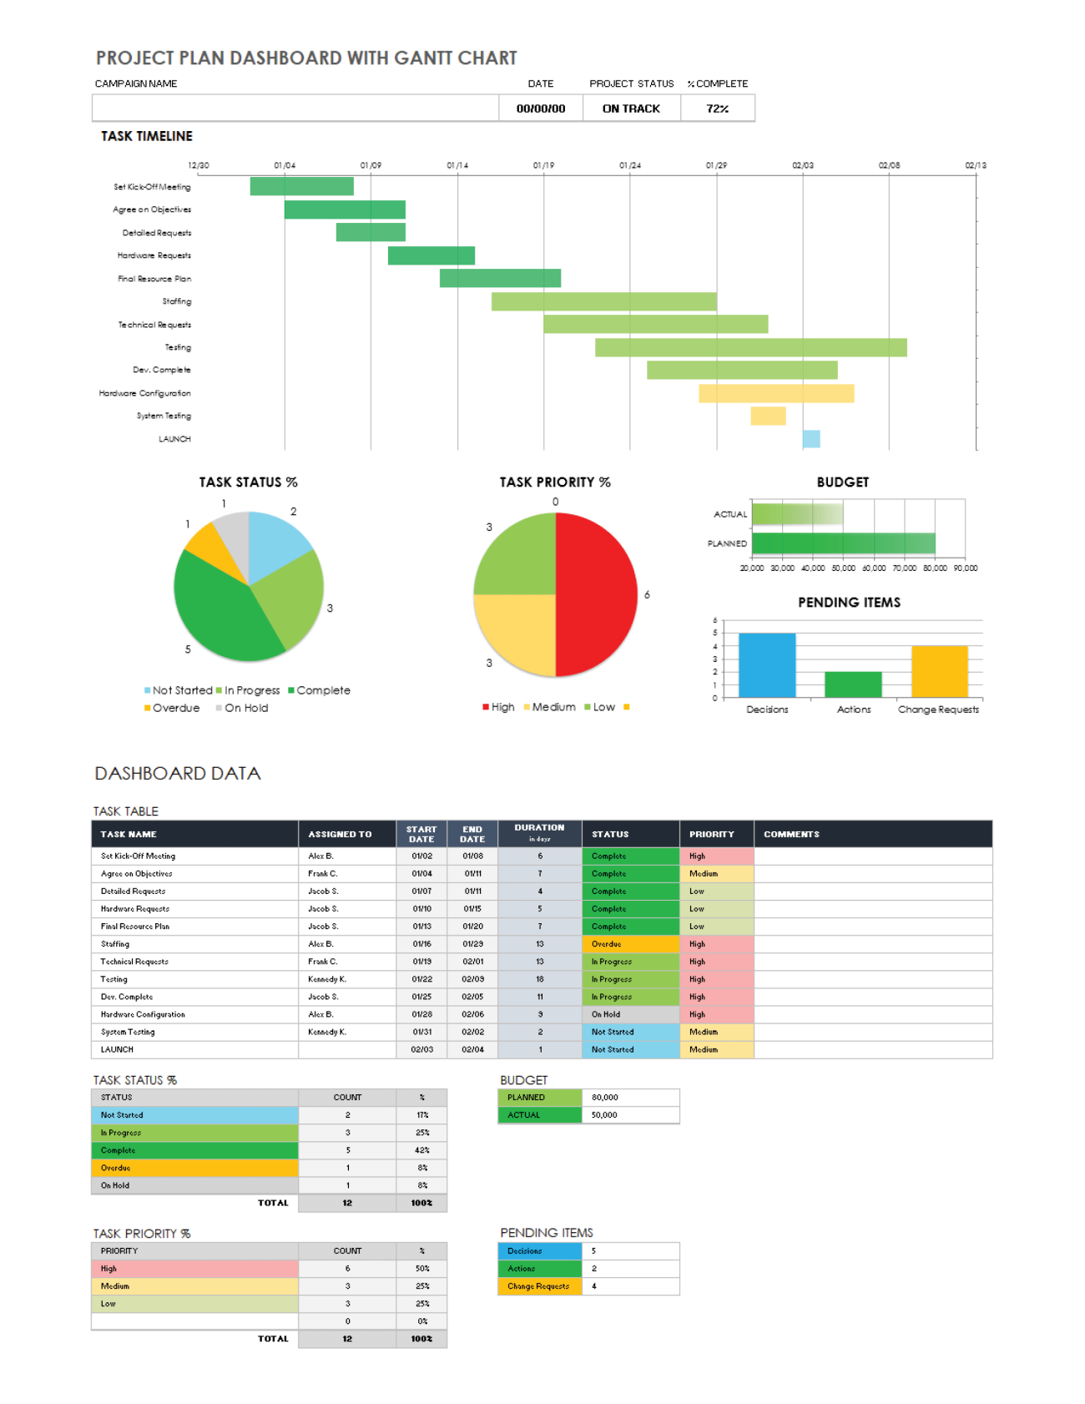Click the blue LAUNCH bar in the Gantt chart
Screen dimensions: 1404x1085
coord(810,439)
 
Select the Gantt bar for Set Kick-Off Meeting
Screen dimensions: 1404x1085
coord(301,186)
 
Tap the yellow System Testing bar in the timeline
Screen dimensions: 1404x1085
coord(767,416)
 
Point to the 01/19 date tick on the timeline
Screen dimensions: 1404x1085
coord(543,165)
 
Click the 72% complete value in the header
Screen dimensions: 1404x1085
coord(717,109)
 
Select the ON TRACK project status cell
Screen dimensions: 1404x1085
coord(631,109)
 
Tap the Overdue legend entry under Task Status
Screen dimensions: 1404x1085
coord(172,708)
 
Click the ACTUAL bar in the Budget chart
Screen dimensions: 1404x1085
coord(796,514)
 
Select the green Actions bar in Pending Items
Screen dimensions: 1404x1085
coord(853,684)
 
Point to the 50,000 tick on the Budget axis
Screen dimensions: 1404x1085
coord(843,568)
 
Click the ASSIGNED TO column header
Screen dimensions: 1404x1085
coord(340,834)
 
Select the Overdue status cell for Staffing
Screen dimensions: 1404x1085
coord(630,944)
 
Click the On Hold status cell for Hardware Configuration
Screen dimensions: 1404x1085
coord(630,1014)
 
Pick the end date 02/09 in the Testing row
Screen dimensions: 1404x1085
coord(472,979)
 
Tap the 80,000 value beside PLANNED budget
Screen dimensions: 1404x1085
coord(605,1098)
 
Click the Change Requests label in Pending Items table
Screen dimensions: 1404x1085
coord(538,1286)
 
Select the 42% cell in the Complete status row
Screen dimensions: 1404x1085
coord(422,1150)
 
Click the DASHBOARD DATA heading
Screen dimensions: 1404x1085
coord(178,774)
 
